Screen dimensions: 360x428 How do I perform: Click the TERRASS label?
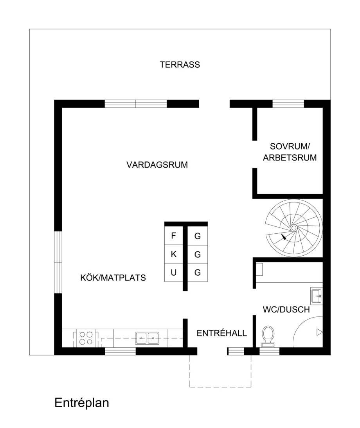tap(180, 65)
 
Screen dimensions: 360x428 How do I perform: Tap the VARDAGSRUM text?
tap(157, 165)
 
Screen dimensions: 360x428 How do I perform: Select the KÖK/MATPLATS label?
tap(113, 278)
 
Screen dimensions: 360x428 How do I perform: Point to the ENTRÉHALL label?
tap(221, 333)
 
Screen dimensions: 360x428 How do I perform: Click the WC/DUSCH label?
tap(286, 309)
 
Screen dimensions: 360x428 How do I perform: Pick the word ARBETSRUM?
tap(290, 158)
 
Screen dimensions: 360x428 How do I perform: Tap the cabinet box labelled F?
tap(173, 236)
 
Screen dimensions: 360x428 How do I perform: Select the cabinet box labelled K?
tap(173, 254)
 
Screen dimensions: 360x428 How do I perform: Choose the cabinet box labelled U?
tap(173, 273)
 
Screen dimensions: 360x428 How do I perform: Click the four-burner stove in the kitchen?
tap(86, 338)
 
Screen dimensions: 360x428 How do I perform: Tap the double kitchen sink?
tap(147, 338)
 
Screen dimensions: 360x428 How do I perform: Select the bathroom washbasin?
tap(316, 295)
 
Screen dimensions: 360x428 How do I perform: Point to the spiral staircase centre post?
tap(294, 228)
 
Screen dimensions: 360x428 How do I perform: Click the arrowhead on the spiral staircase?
tap(284, 237)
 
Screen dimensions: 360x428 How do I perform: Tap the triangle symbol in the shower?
tap(319, 332)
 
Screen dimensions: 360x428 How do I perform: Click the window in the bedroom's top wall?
tap(288, 104)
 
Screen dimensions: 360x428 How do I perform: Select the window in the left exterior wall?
tap(58, 262)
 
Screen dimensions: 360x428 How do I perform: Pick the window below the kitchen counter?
tap(120, 351)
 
